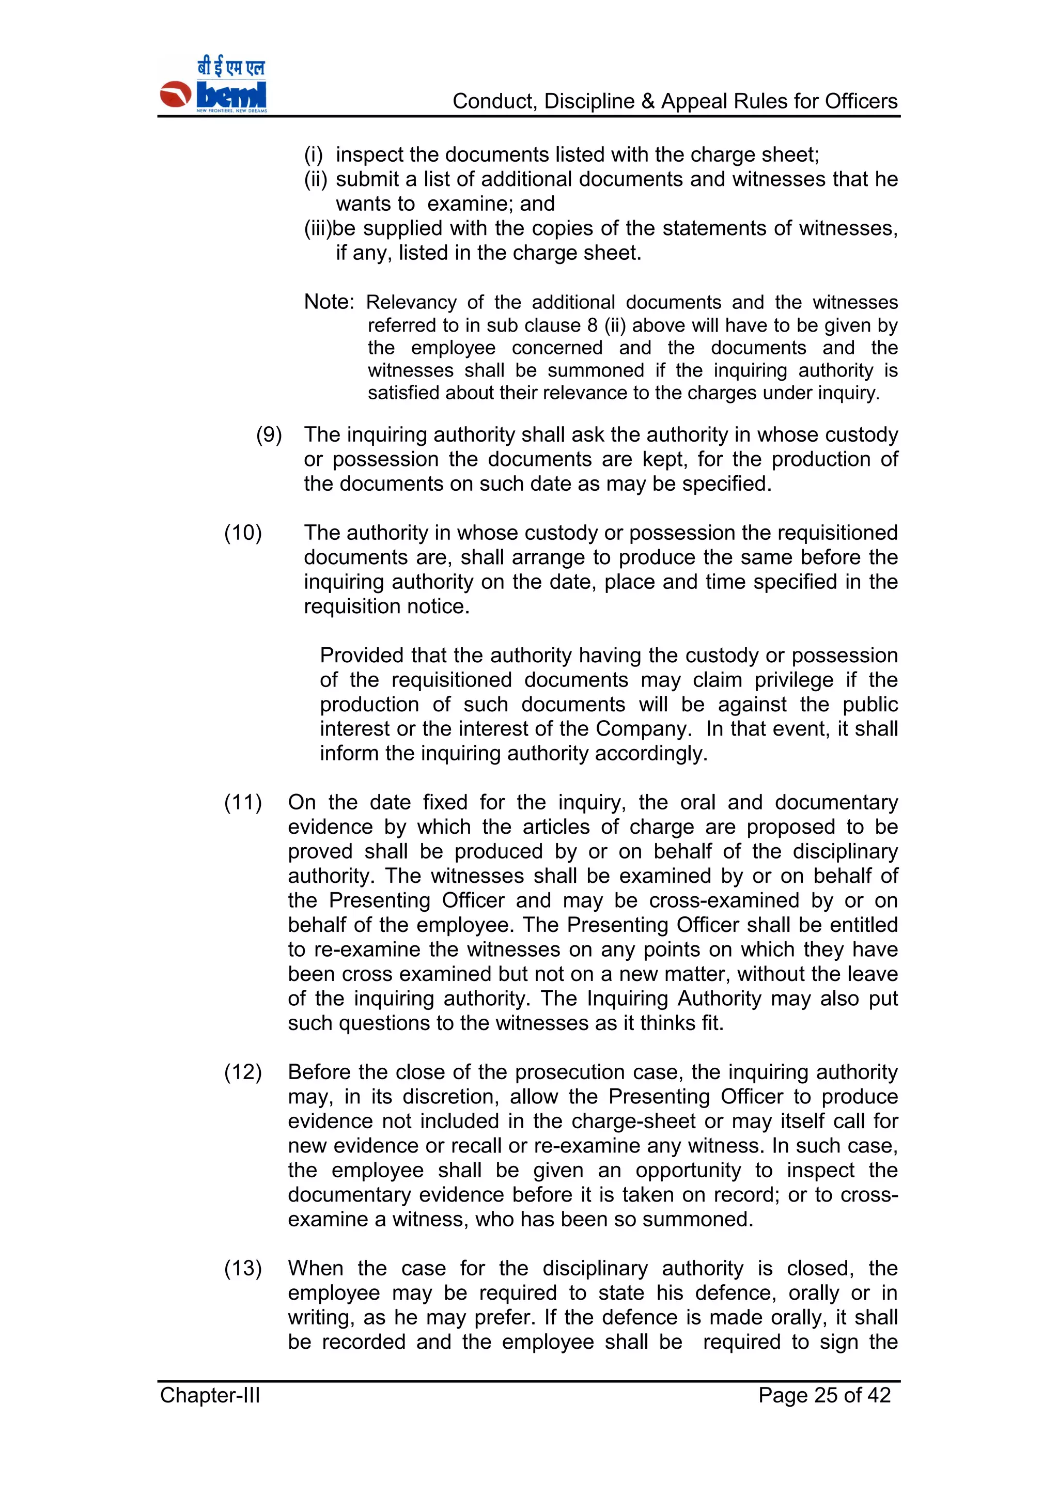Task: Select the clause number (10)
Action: (x=243, y=533)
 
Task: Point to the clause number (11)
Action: (x=243, y=802)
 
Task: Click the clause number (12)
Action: (x=243, y=1072)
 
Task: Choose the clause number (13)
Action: (x=243, y=1268)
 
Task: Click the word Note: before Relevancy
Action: (x=330, y=302)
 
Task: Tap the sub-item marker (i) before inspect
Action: (x=314, y=154)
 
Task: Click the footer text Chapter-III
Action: (x=210, y=1394)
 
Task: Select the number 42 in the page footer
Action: (x=878, y=1394)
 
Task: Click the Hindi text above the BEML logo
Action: (x=231, y=67)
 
